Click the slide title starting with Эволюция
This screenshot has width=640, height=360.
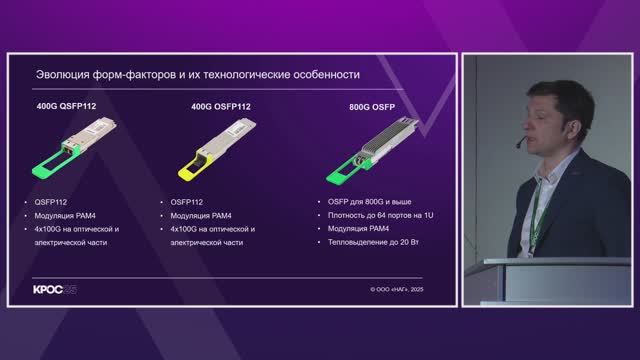pyautogui.click(x=197, y=74)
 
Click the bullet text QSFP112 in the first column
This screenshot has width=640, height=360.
pyautogui.click(x=52, y=201)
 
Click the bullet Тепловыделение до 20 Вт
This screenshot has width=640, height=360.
pyautogui.click(x=370, y=242)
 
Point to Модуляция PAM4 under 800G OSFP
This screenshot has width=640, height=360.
pyautogui.click(x=357, y=228)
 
